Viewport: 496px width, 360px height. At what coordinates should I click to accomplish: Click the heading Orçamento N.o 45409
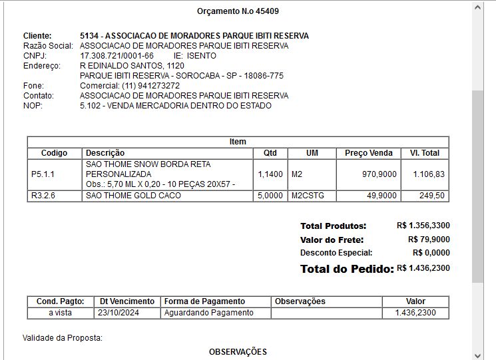click(238, 11)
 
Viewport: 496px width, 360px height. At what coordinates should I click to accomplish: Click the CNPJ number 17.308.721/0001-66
click(117, 56)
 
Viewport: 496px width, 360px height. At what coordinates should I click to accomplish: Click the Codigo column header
click(54, 153)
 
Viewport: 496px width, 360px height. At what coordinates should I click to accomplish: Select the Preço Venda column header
click(369, 153)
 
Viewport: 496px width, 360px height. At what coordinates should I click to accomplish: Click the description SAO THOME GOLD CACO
click(133, 196)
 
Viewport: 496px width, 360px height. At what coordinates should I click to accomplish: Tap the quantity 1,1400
click(270, 174)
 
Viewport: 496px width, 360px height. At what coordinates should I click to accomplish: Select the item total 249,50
click(431, 196)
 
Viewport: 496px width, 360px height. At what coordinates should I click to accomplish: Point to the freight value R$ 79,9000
click(429, 240)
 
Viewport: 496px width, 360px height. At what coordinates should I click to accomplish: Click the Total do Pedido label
click(346, 270)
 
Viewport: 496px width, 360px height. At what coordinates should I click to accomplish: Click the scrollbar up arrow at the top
click(477, 7)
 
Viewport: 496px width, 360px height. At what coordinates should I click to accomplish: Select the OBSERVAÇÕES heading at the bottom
click(238, 351)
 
